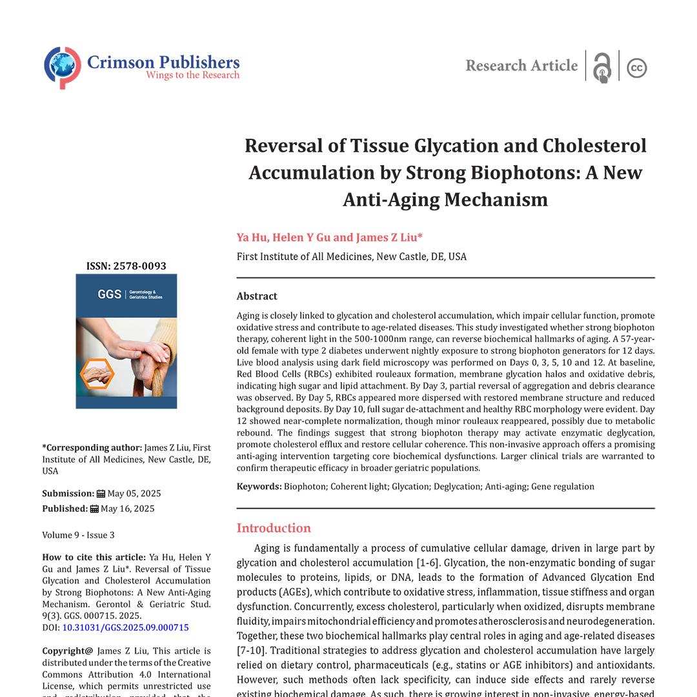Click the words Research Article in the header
click(521, 66)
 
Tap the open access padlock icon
click(601, 67)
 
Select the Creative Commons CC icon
click(636, 68)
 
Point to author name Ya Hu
click(251, 237)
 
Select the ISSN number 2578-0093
click(143, 266)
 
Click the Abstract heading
click(257, 296)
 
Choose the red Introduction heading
click(274, 528)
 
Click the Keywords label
click(258, 487)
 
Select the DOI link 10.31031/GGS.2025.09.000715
click(125, 627)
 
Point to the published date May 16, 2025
click(127, 509)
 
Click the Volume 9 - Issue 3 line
click(78, 535)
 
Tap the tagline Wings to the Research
click(192, 76)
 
